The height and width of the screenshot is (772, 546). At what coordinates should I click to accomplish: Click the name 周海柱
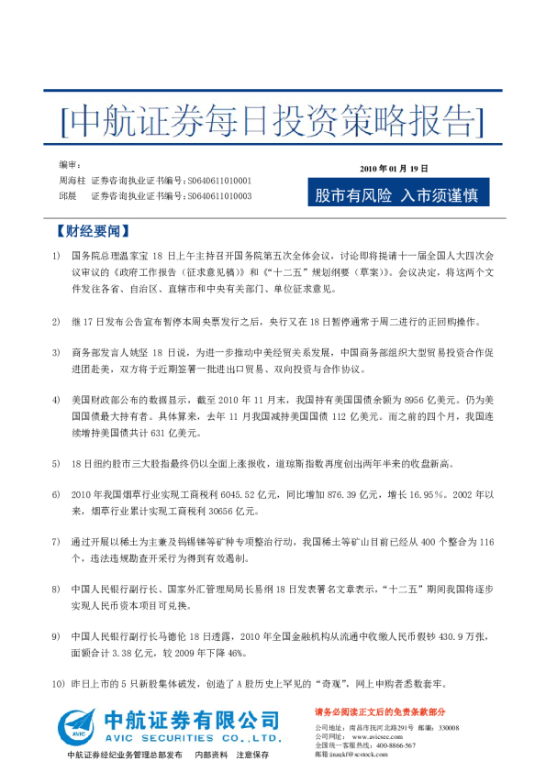tap(72, 182)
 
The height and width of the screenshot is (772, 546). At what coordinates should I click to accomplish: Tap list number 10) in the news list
tap(59, 684)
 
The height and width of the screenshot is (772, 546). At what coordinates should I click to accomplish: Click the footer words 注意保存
tap(252, 755)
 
